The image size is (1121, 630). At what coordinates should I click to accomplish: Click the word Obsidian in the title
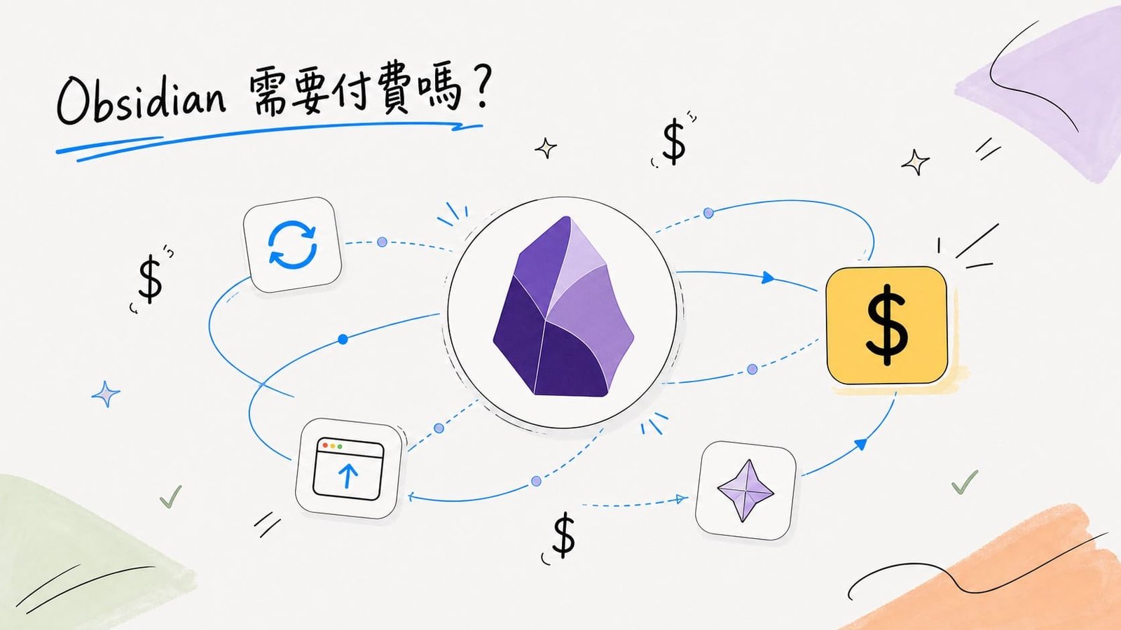pos(141,100)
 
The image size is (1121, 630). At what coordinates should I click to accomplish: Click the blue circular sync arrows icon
pos(292,246)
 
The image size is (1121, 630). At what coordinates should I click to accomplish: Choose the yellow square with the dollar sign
pos(886,325)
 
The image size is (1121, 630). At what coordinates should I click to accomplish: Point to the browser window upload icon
pos(348,470)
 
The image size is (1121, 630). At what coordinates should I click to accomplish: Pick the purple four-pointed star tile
pos(745,491)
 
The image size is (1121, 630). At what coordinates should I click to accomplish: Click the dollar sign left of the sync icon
pos(150,279)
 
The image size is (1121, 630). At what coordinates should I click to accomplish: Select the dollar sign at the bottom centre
pos(564,535)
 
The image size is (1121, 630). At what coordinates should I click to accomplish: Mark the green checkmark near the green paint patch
pos(171,496)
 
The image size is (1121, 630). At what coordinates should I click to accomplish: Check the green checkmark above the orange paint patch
pos(964,482)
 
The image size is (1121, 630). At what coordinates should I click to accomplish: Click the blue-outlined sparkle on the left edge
pos(106,394)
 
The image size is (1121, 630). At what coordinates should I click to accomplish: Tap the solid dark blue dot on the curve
pos(343,339)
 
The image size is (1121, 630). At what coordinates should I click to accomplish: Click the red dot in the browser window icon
pos(325,445)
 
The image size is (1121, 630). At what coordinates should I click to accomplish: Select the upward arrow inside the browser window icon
pos(348,475)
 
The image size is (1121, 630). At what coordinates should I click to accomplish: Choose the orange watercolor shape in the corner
pos(996,575)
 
